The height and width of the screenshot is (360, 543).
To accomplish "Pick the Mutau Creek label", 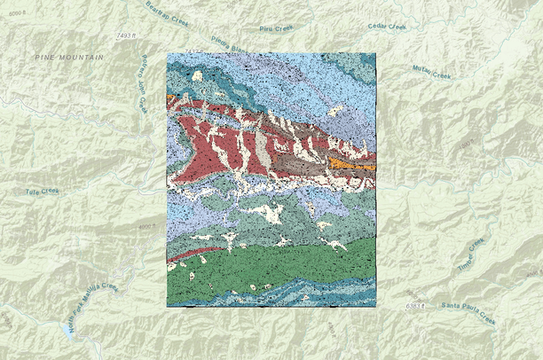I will click(433, 70).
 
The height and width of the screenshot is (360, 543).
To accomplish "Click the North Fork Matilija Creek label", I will click(90, 306).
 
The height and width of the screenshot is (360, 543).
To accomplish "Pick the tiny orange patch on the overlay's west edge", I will click(169, 96).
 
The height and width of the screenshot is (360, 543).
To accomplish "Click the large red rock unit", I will click(204, 146).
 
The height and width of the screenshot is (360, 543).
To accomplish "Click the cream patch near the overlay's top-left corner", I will click(196, 76).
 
